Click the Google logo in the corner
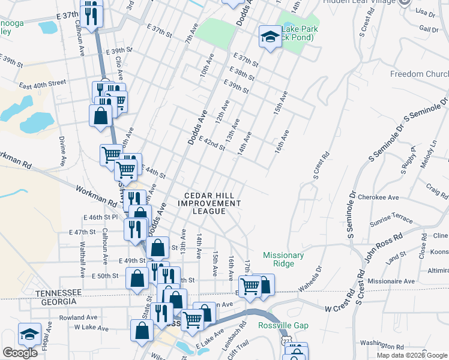(20, 353)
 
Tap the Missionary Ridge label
(283, 259)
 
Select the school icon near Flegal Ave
(29, 334)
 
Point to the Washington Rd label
(382, 344)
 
